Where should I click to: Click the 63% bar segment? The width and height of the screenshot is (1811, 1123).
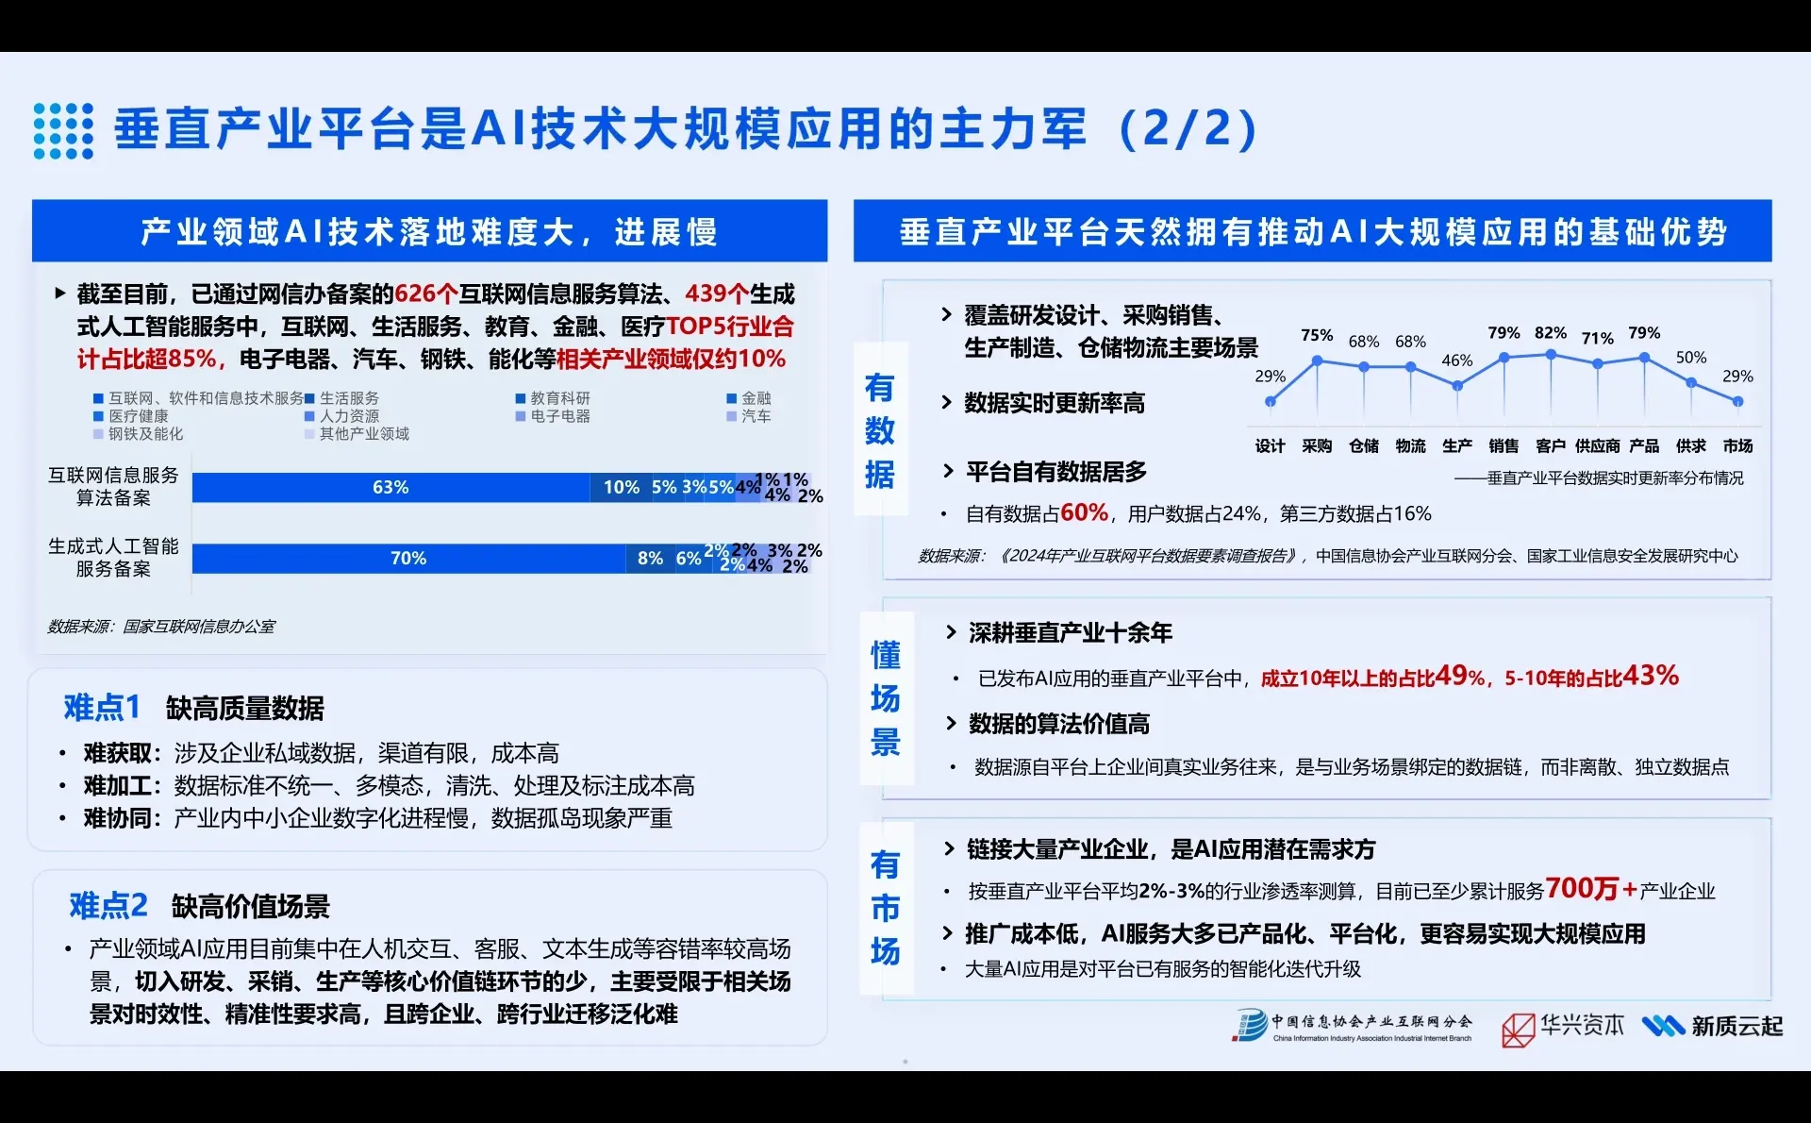coord(390,487)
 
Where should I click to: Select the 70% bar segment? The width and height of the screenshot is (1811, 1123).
coord(408,558)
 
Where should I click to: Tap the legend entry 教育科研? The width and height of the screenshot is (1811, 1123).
coord(559,398)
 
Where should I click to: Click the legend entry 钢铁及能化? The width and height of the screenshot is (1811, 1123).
coord(145,433)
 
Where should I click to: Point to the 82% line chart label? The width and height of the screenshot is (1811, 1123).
coord(1550,333)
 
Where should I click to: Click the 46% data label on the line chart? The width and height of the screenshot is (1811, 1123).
coord(1456,360)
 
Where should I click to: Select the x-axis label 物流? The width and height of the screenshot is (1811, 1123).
coord(1410,445)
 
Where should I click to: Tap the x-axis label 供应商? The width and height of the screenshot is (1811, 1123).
coord(1597,445)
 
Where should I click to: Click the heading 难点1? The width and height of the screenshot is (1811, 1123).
coord(102,707)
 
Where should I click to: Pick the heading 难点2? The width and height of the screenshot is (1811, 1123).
coord(108,905)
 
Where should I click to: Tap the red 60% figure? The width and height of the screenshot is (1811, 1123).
coord(1084,512)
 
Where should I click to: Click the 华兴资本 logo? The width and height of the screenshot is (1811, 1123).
coord(1563,1027)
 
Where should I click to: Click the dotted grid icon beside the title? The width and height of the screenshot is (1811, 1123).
coord(63,130)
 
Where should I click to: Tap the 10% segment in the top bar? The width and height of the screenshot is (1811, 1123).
coord(621,487)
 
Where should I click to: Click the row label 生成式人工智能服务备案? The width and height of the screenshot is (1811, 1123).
coord(113,557)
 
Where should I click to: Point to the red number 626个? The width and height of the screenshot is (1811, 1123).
coord(426,293)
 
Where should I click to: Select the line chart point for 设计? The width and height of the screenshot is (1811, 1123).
coord(1270,402)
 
